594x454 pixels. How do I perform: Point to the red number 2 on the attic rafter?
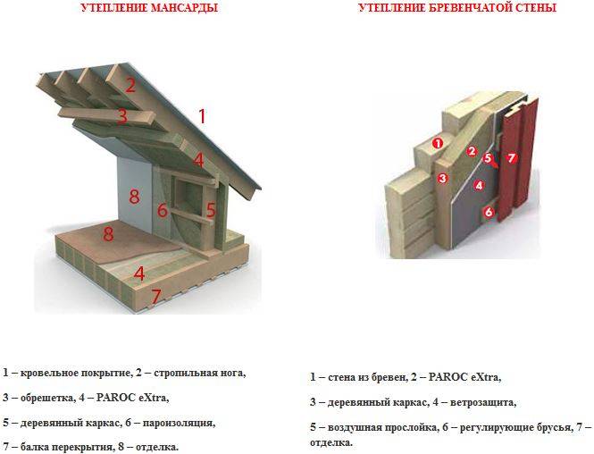(x=130, y=85)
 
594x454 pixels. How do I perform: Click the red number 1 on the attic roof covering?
(x=202, y=116)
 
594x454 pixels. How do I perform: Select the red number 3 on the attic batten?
(x=122, y=116)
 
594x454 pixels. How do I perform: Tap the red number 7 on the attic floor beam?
(x=156, y=297)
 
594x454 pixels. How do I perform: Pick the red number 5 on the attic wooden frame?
(x=211, y=209)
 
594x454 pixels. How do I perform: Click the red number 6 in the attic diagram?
(x=163, y=209)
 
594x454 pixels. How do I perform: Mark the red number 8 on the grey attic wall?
(x=134, y=197)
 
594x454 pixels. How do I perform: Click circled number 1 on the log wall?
(x=438, y=143)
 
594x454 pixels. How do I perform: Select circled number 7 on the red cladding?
(x=512, y=157)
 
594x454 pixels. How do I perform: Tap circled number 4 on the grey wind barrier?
(x=479, y=186)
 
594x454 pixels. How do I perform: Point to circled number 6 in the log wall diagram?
(x=489, y=212)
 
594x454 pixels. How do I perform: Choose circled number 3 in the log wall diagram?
(x=442, y=178)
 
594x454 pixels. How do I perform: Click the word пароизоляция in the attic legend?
(x=179, y=423)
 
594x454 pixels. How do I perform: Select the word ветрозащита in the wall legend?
(x=483, y=402)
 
